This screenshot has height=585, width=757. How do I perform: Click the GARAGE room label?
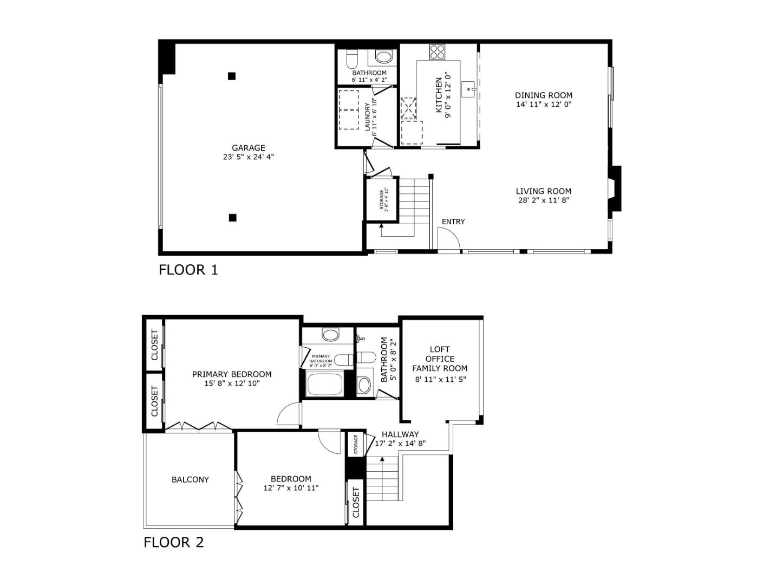[x=249, y=148]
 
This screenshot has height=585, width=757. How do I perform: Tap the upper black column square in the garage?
[x=232, y=76]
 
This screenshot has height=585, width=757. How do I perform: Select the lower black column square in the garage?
[x=232, y=218]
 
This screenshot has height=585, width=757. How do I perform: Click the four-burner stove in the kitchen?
[x=437, y=52]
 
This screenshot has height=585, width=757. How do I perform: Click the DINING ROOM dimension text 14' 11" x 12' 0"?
[x=544, y=104]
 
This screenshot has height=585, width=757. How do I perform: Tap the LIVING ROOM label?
[x=543, y=191]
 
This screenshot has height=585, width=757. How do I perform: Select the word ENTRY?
[x=453, y=222]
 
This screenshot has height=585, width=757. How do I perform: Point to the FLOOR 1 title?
[x=188, y=270]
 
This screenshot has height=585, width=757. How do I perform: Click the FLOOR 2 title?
[x=173, y=542]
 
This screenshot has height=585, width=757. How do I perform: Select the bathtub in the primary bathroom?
[x=324, y=386]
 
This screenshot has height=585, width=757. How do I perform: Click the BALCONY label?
[x=190, y=479]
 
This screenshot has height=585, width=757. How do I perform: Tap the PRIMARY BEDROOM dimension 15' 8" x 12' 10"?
[x=232, y=383]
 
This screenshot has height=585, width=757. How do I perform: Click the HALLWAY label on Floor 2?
[x=400, y=434]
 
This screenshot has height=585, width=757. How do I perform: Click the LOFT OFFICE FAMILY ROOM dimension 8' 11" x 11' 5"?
[x=440, y=379]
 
